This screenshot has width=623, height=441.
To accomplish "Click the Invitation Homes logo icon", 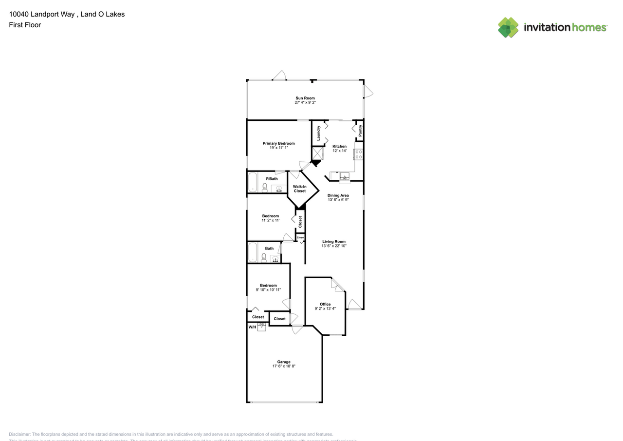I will point(508,27).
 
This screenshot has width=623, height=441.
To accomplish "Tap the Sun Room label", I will point(305,98).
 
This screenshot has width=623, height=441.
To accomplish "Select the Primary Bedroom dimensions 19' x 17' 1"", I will point(278,148).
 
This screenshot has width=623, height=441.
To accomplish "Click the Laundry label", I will point(318,133).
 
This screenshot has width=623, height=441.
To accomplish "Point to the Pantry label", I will point(360,131).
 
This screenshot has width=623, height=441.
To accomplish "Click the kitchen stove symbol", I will point(359,154).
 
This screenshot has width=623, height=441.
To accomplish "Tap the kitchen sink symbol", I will point(345,176).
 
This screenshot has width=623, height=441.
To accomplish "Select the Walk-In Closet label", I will point(299,189).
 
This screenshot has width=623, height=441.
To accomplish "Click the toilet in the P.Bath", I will point(265,187).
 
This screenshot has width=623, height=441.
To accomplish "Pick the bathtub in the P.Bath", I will point(253,183).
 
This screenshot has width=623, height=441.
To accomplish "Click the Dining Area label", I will point(338,195).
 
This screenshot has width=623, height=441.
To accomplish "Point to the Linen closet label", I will point(300,237).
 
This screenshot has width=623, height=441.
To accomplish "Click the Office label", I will point(325,304).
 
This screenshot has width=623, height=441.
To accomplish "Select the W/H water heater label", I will point(252,327).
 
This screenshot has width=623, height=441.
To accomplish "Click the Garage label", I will point(284,362).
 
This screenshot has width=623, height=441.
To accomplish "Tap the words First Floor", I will point(25,25).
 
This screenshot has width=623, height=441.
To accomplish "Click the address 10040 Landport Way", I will point(41,14).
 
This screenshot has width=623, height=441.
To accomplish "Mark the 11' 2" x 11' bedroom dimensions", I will point(270,220).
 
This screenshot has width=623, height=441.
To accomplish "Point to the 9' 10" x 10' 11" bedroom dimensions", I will point(268,290).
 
